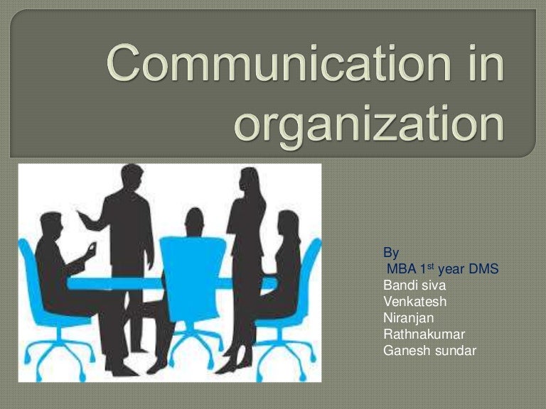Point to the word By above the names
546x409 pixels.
pyautogui.click(x=391, y=253)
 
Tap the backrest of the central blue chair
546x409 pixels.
pyautogui.click(x=191, y=262)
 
